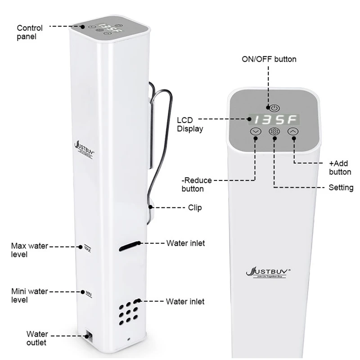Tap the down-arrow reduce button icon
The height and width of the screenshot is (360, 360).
point(256,131)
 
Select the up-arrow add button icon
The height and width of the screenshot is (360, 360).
point(293,131)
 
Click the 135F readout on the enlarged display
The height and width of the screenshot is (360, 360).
point(274,120)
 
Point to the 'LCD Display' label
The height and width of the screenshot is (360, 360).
point(189,124)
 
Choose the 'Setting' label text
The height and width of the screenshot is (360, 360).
point(341,187)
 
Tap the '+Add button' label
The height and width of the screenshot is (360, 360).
point(340,167)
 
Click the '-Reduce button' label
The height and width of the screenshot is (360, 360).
point(196,184)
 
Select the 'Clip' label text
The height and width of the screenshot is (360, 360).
point(195,207)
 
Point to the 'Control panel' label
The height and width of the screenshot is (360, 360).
point(30,32)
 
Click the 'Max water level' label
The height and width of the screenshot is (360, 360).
point(29,250)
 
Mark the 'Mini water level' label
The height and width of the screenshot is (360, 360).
point(29,295)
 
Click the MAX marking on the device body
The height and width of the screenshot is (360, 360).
point(88,248)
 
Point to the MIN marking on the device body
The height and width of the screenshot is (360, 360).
point(89,293)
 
